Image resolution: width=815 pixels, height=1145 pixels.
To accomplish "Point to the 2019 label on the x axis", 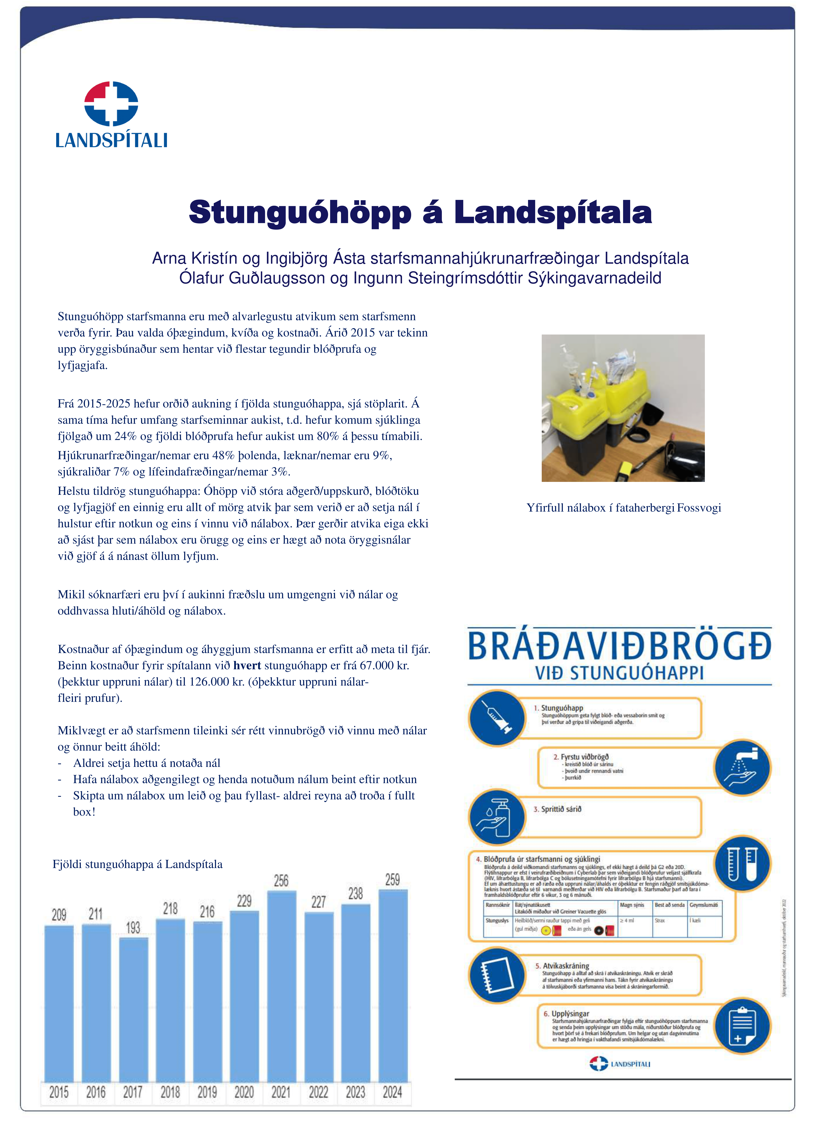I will (207, 1092).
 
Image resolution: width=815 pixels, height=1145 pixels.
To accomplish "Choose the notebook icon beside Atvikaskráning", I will (496, 975).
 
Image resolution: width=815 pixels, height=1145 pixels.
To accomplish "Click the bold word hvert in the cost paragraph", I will (247, 665).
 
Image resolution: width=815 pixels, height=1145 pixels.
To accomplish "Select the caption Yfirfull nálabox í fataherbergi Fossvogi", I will (623, 508).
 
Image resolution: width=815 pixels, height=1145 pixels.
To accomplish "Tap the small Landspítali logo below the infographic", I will (620, 1064).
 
